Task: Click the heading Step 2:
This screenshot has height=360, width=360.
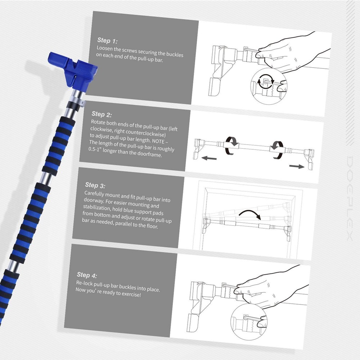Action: (x=101, y=114)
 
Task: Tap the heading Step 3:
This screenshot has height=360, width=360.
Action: (x=95, y=185)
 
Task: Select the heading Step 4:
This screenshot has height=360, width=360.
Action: (x=87, y=275)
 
